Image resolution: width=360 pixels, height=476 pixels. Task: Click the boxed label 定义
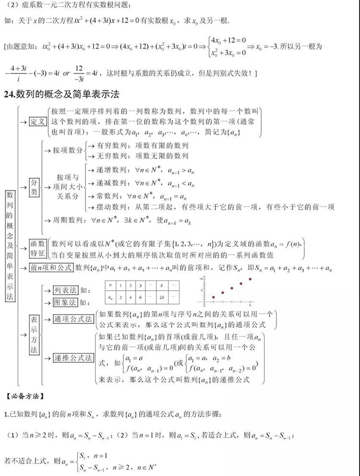[x=36, y=121]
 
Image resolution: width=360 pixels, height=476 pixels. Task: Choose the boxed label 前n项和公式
[x=51, y=267]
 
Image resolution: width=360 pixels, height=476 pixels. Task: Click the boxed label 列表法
[x=66, y=290]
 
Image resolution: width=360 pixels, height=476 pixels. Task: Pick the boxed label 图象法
[x=66, y=302]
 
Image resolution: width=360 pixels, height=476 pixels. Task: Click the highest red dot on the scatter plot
[x=250, y=279]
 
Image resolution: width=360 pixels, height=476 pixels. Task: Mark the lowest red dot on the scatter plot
[x=213, y=297]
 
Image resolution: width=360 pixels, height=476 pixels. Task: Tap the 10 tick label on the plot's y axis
[x=203, y=278]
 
